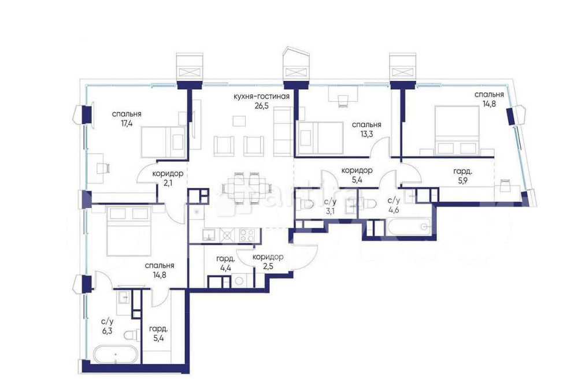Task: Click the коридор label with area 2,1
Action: (168, 173)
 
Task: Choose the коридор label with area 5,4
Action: (357, 170)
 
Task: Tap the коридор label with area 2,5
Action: (268, 257)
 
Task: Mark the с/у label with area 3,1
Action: (331, 201)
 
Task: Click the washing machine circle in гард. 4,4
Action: (240, 281)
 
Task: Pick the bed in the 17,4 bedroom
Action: (162, 141)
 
